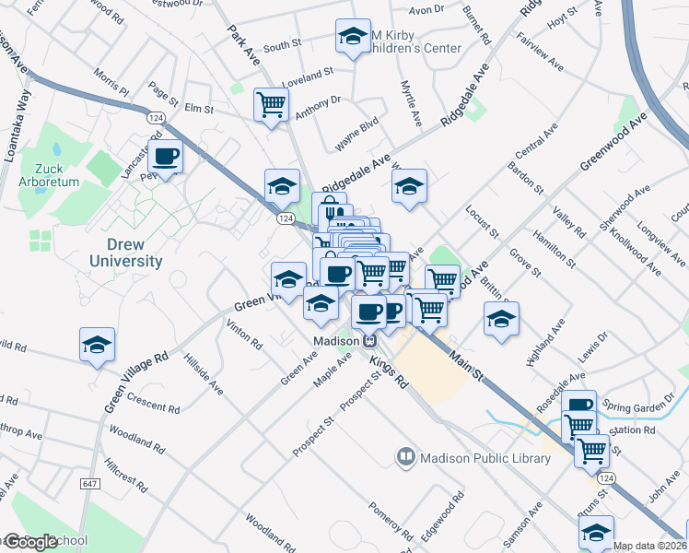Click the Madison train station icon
[368, 340]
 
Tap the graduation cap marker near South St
[351, 37]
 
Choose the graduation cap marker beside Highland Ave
[501, 319]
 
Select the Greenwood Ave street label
[613, 141]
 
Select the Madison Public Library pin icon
[405, 457]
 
